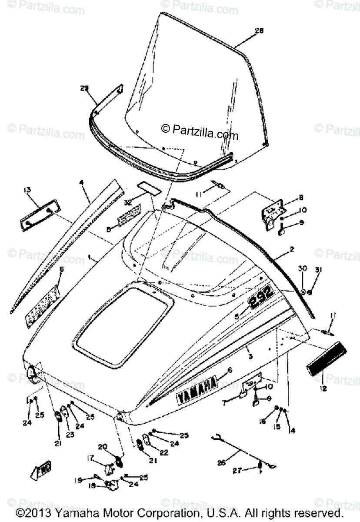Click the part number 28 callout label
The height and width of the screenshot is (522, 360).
point(259,30)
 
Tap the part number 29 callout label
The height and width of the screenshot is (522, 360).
point(84,88)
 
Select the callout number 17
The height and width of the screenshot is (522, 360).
point(90,457)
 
